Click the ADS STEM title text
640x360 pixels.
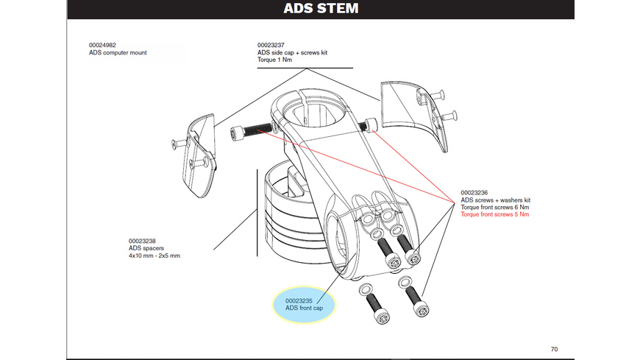point(321,9)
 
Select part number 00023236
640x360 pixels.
point(474,193)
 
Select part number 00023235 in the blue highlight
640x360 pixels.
point(299,300)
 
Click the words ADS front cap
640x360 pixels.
point(304,308)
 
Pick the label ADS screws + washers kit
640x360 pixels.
point(495,200)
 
